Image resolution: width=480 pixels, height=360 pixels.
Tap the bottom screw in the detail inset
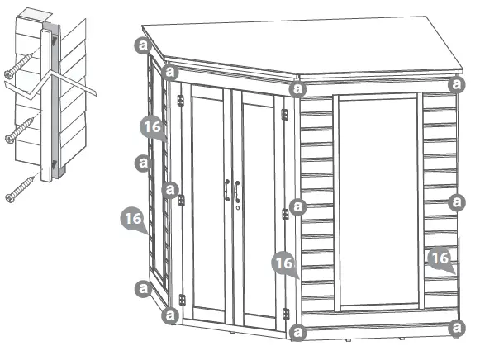pos(21,188)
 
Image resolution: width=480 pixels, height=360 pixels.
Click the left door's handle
pos(226,190)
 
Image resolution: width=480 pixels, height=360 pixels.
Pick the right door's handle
pos(236,191)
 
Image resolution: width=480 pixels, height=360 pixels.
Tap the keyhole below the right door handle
pos(237,208)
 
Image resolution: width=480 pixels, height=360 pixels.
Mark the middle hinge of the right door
pos(285,214)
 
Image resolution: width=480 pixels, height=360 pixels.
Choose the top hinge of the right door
pos(285,114)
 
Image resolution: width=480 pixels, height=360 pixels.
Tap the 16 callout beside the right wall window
pos(440,259)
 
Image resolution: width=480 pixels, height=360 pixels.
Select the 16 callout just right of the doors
pos(283,263)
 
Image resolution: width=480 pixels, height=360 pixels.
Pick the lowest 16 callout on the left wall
pos(131,220)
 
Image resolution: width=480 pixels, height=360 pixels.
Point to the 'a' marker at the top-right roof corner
pos(455,84)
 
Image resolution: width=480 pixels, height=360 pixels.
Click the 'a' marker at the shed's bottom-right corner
pos(455,329)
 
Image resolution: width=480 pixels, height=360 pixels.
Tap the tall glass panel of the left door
pos(207,198)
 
